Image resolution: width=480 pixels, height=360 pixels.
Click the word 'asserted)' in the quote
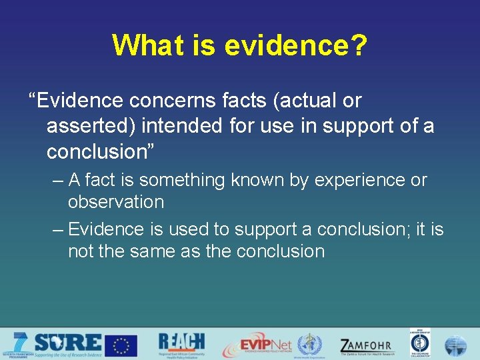click(90, 126)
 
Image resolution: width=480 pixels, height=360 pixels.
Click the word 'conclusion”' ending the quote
click(100, 151)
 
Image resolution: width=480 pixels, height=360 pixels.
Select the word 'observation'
click(116, 201)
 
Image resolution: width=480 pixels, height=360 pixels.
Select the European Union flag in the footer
click(121, 345)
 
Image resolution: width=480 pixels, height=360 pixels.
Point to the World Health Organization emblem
click(309, 345)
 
